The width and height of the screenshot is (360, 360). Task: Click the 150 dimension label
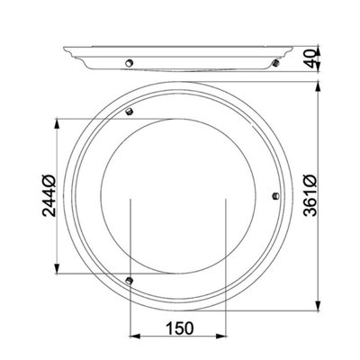click(x=180, y=328)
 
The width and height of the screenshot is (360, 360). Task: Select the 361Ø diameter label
click(x=310, y=195)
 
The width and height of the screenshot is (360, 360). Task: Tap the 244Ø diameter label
click(x=49, y=195)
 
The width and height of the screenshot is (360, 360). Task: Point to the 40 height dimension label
click(x=310, y=58)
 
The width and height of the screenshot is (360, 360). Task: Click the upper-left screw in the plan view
click(x=129, y=112)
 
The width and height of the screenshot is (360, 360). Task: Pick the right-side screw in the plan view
click(x=274, y=196)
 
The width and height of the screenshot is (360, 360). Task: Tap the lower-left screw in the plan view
click(x=129, y=281)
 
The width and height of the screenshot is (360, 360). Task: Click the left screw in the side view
click(x=129, y=63)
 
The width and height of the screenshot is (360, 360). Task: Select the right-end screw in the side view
click(x=275, y=63)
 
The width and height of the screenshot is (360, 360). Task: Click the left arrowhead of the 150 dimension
click(x=135, y=336)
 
